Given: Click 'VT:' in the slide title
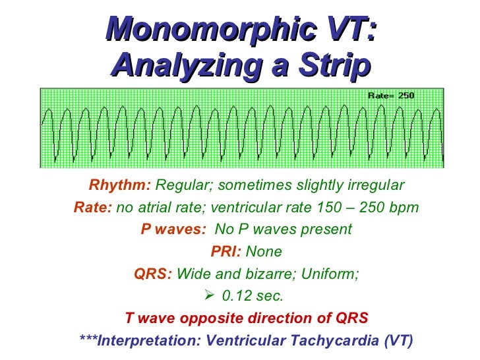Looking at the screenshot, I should pos(347,30).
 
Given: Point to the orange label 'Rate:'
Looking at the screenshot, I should pos(94,208).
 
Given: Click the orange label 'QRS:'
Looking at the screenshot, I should pos(153,274).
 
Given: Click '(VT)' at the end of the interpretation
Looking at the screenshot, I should pos(398,341).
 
